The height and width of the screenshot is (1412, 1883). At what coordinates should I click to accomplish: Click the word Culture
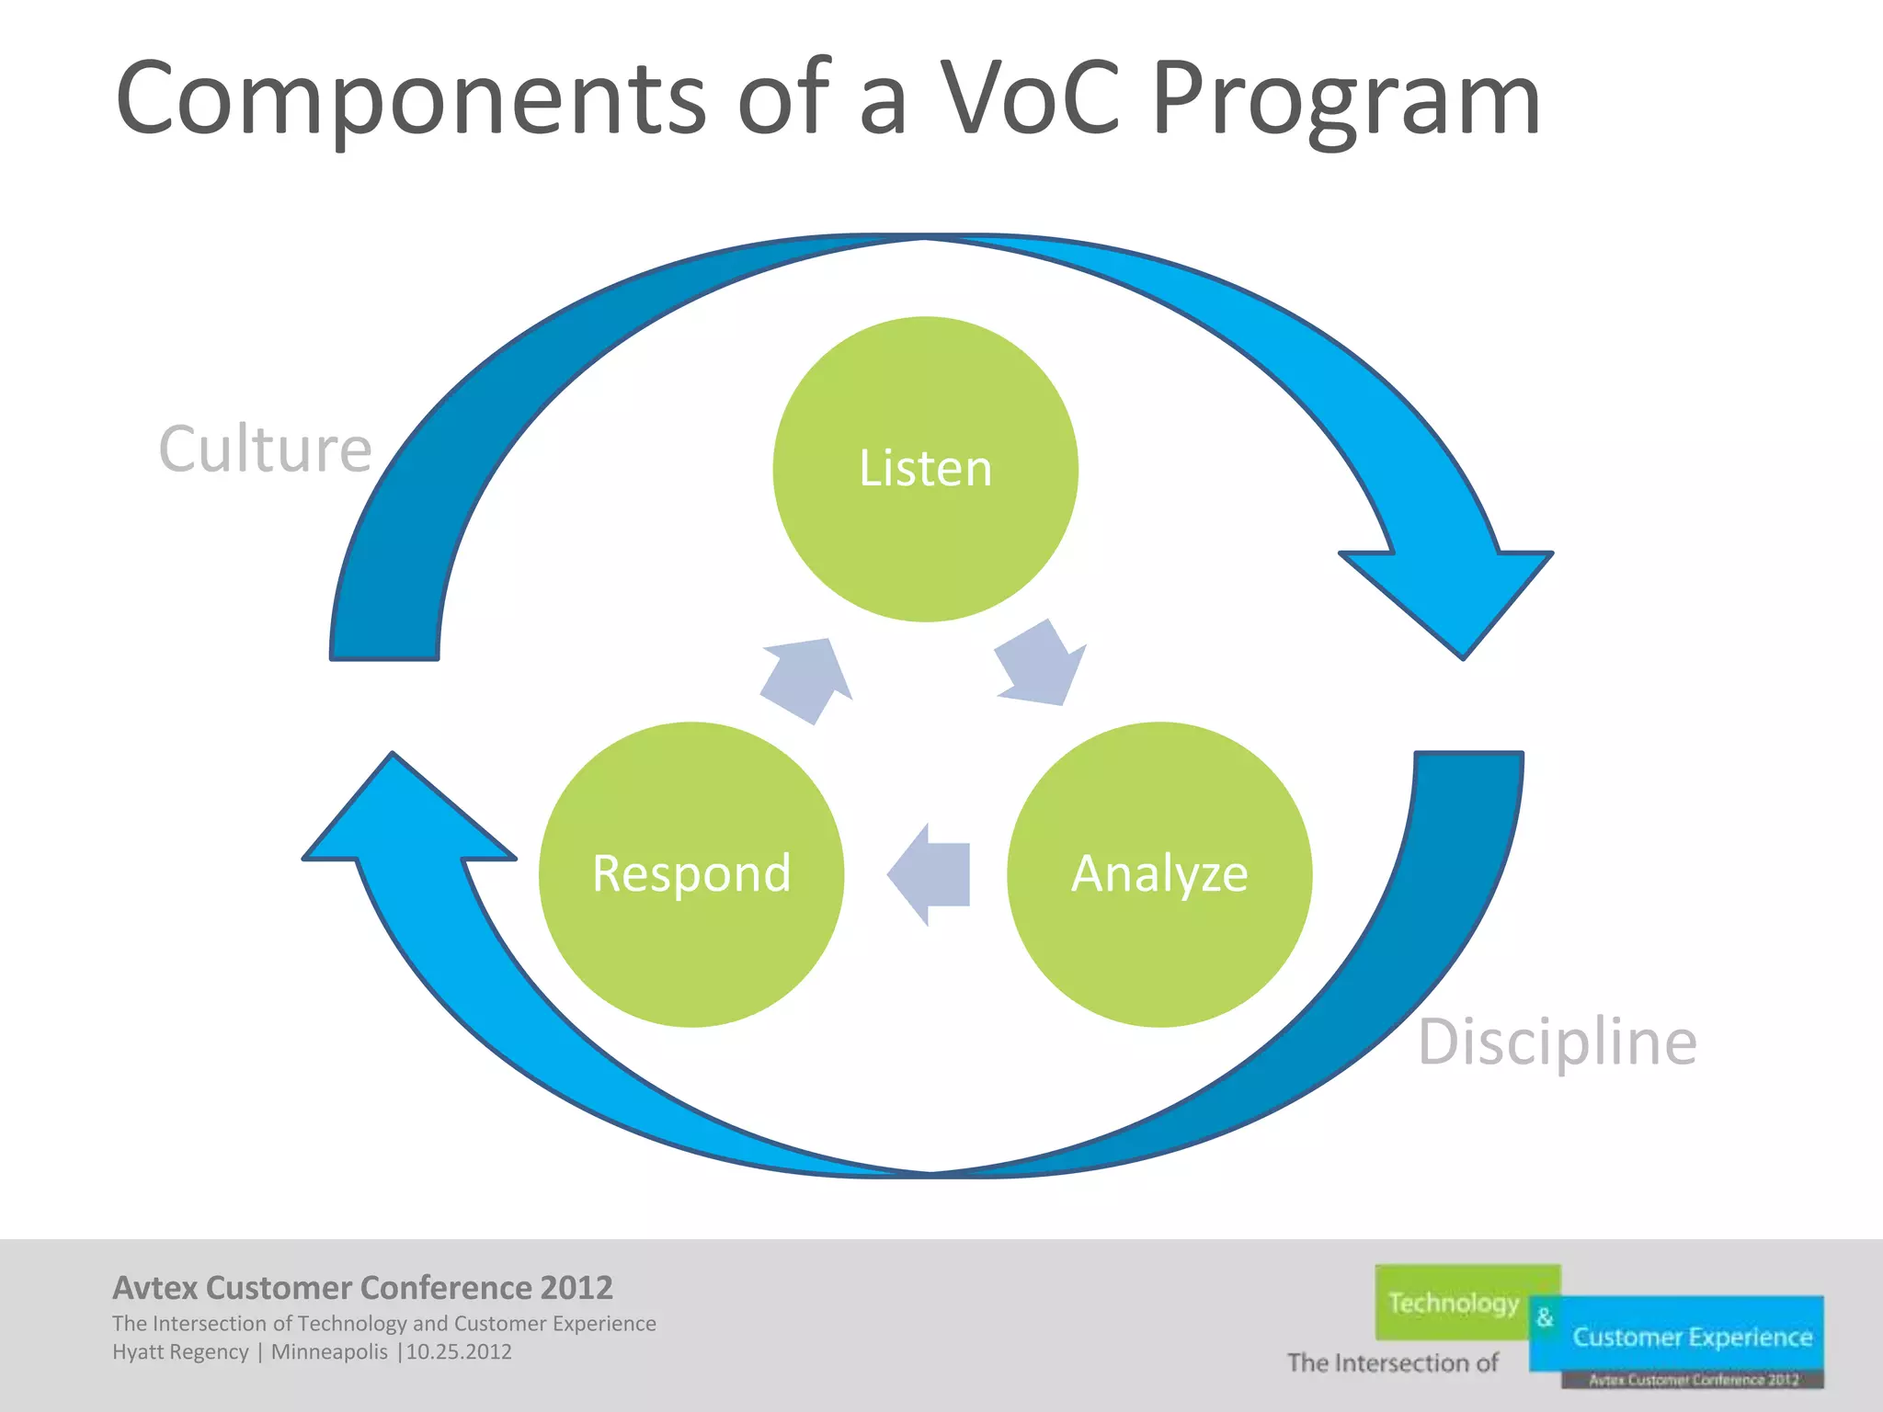265,450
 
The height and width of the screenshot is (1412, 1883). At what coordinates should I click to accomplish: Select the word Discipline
1557,1042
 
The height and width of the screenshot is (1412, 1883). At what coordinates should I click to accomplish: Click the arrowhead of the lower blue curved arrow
405,818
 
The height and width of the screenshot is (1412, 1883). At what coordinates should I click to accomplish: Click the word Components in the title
410,99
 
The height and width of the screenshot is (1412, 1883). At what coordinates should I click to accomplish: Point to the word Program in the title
1345,99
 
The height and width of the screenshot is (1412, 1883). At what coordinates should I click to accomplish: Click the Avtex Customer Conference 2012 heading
362,1288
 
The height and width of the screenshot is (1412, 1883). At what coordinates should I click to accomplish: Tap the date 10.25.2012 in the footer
459,1352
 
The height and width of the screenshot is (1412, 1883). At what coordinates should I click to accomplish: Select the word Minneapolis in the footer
329,1352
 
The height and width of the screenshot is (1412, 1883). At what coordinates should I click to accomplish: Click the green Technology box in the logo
1453,1303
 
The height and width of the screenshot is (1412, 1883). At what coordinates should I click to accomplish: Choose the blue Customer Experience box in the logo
1692,1337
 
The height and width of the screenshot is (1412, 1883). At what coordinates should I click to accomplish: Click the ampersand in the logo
1545,1317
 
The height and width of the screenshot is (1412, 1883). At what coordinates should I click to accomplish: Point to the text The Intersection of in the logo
1392,1362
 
